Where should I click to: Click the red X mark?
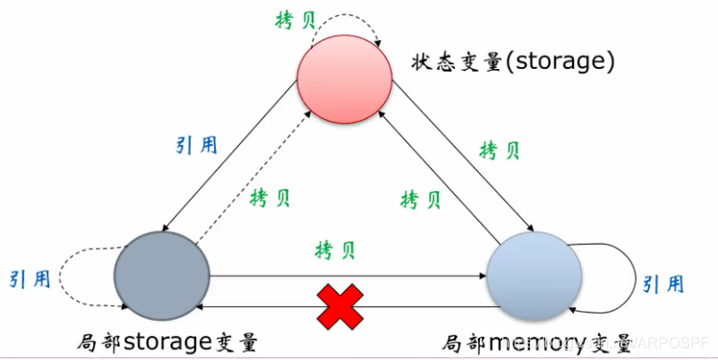tap(339, 306)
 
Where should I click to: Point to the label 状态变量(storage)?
tap(512, 62)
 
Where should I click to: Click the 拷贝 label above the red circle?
tap(297, 20)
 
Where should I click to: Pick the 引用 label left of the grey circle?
tap(29, 279)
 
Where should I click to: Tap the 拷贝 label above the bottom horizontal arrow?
tap(336, 250)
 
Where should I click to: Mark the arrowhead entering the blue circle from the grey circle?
tap(483, 276)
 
